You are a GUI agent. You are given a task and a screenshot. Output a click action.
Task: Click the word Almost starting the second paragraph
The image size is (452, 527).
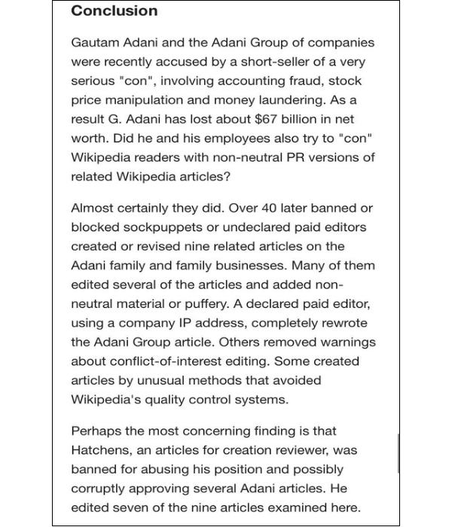point(93,208)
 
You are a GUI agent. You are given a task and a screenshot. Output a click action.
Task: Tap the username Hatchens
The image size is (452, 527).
point(101,450)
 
